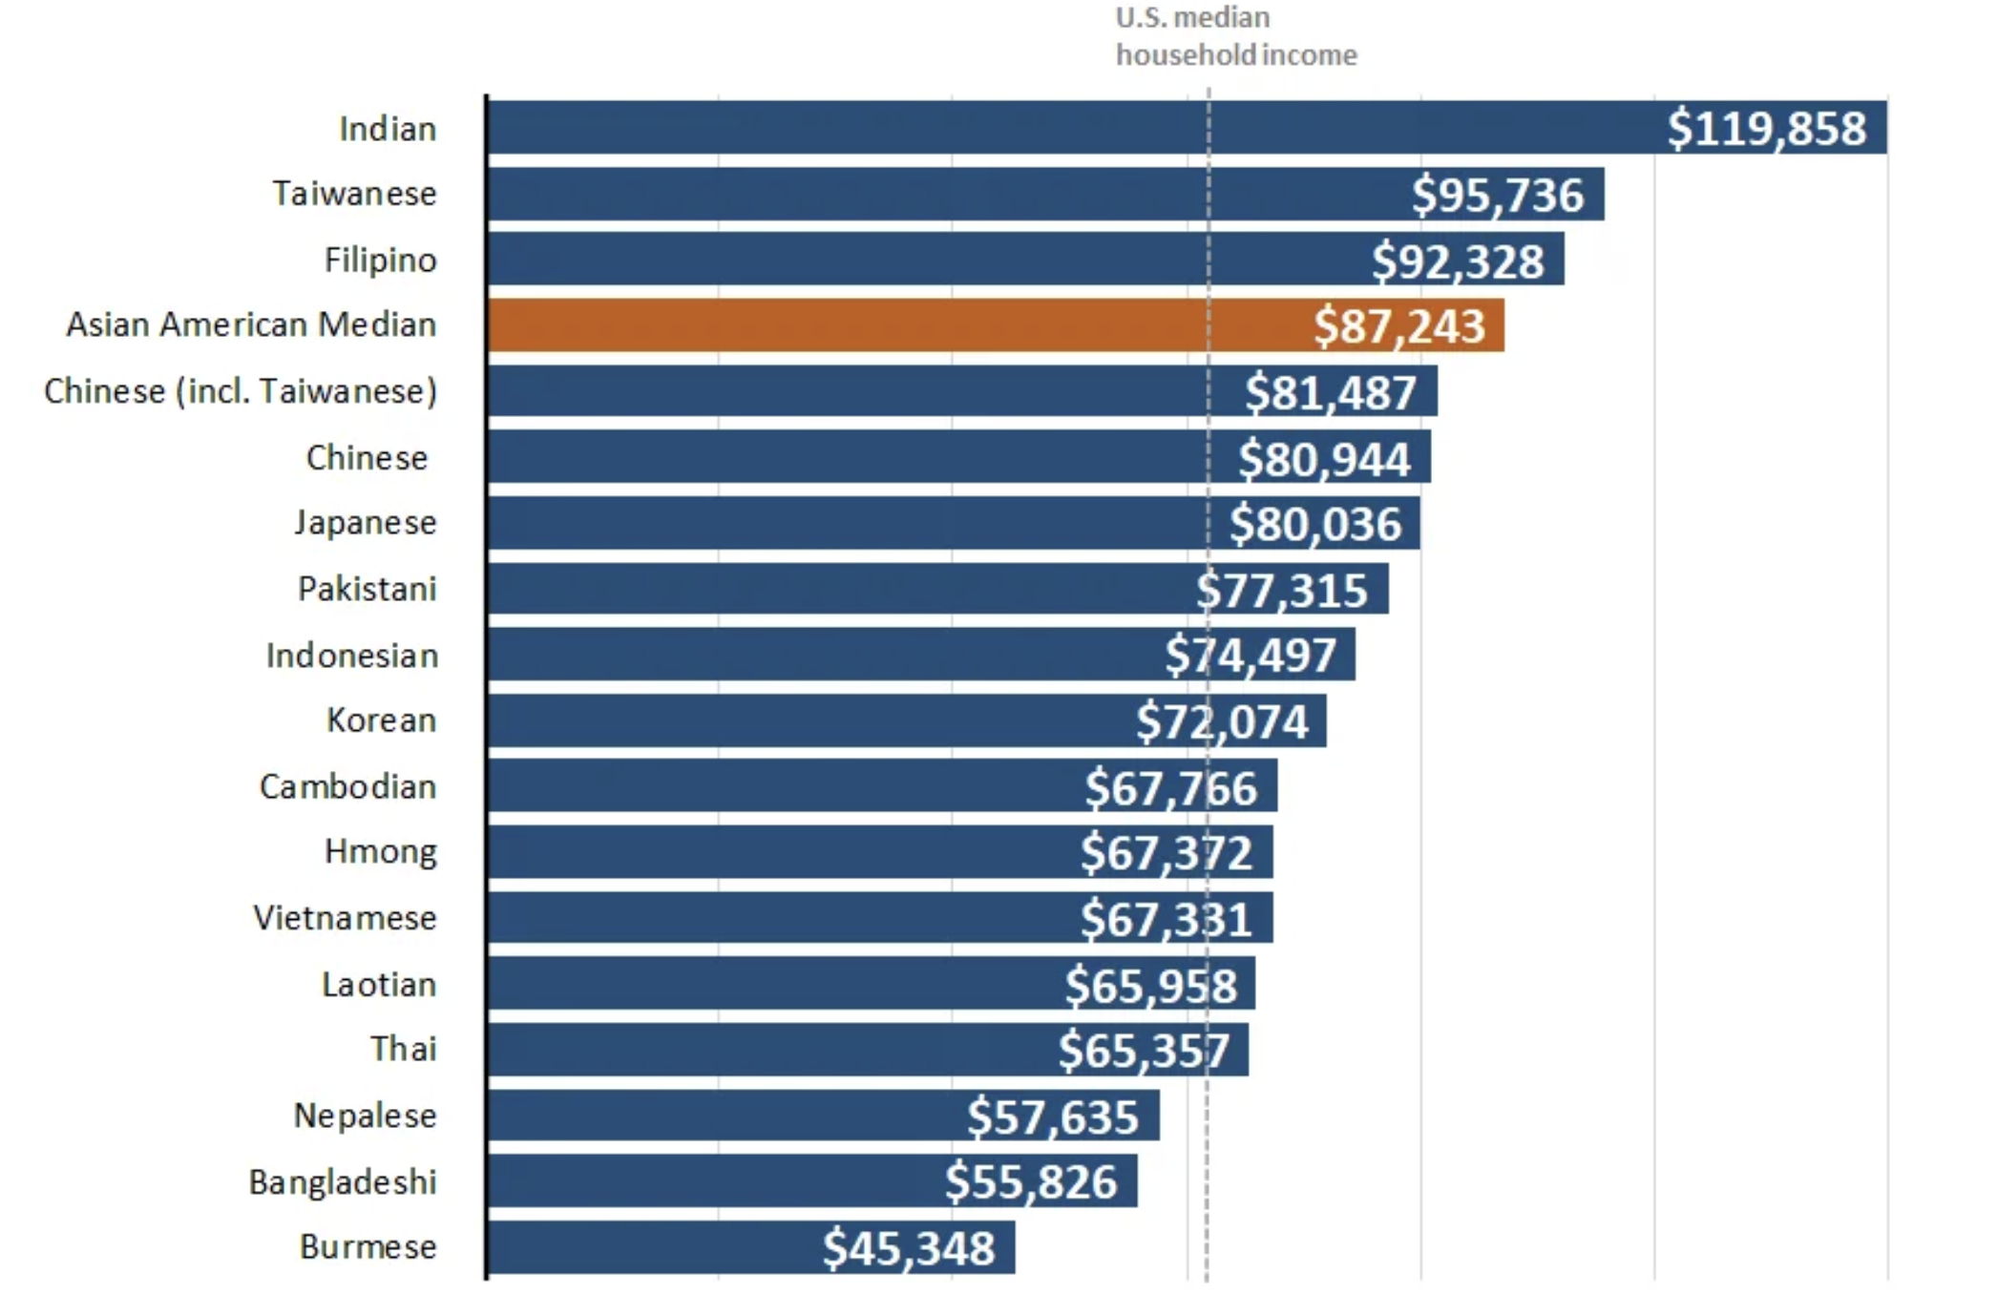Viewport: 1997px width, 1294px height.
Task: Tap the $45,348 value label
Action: coord(909,1248)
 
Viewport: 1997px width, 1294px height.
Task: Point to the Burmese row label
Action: coord(368,1246)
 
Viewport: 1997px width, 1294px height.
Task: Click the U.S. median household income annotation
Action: coord(1235,36)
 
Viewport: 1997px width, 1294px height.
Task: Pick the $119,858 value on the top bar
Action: coord(1766,128)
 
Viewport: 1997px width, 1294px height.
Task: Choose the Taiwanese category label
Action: coord(354,194)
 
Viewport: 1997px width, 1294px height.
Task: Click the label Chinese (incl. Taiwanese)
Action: coord(241,391)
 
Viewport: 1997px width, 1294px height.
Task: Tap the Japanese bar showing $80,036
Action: coord(954,523)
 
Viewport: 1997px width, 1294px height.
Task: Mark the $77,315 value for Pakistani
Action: coord(1282,590)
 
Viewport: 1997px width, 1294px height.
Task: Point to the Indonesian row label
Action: coord(352,656)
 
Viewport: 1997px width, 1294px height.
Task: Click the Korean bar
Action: coord(907,720)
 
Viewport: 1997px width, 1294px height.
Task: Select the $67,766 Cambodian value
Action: coord(1171,787)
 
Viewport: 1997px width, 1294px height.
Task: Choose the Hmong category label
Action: coord(380,850)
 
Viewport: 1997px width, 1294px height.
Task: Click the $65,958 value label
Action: coord(1150,985)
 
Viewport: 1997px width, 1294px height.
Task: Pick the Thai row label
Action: coord(403,1049)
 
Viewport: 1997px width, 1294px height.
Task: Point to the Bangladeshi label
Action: coord(343,1181)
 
